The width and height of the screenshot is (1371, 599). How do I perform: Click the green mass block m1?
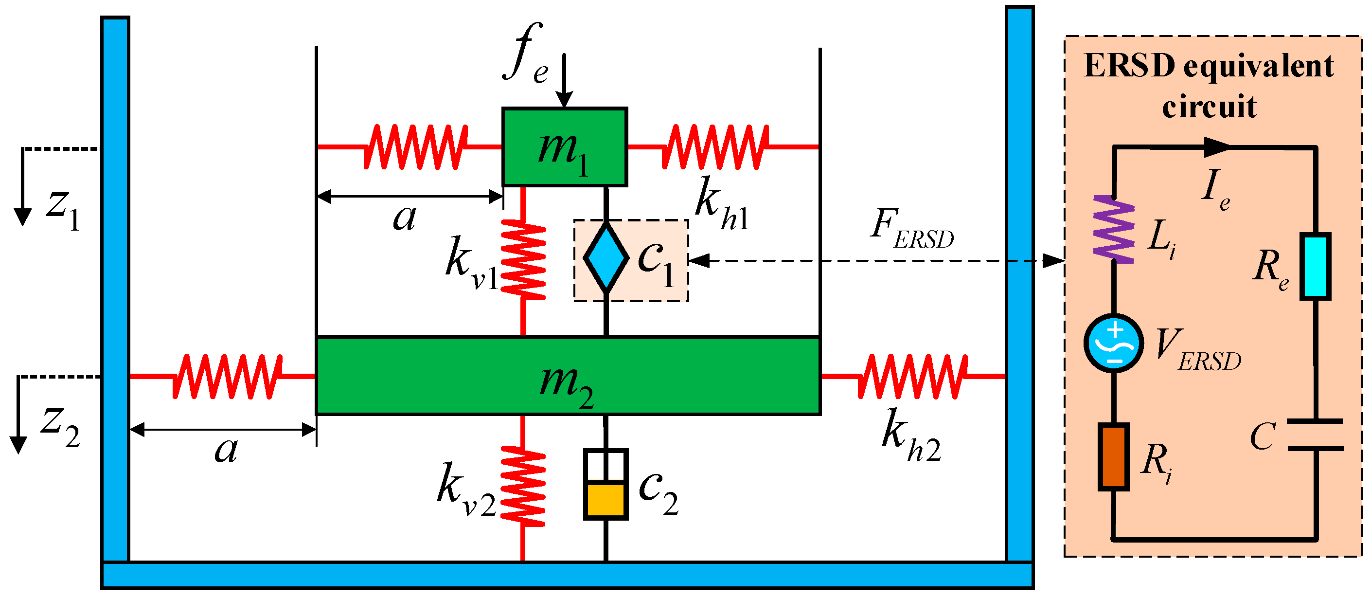coord(564,147)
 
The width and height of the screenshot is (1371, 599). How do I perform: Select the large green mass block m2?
coord(568,376)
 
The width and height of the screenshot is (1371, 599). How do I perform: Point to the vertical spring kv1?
coord(523,259)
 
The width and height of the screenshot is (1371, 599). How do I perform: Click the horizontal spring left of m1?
coord(415,147)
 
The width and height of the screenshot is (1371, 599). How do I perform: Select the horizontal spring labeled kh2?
coord(912,377)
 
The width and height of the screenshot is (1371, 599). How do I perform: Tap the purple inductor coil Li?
coord(1113,230)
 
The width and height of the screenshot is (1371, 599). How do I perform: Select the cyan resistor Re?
coord(1315,266)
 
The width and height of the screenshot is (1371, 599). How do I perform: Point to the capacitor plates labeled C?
coord(1315,435)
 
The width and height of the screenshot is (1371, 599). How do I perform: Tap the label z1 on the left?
coord(63,209)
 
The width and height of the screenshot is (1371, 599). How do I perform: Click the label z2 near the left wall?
coord(60,426)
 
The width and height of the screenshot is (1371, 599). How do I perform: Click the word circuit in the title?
coord(1209,107)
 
